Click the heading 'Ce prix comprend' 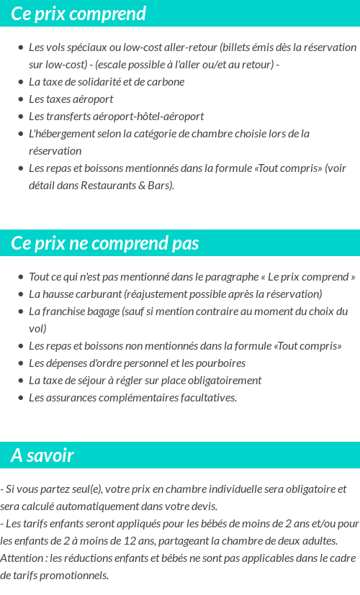tap(78, 14)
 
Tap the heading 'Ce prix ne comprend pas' tap(105, 243)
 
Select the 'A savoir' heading tap(42, 455)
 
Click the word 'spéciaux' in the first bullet tap(89, 47)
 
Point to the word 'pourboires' tap(219, 363)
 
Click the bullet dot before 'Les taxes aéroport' tap(20, 99)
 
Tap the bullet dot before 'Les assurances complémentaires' tap(20, 398)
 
